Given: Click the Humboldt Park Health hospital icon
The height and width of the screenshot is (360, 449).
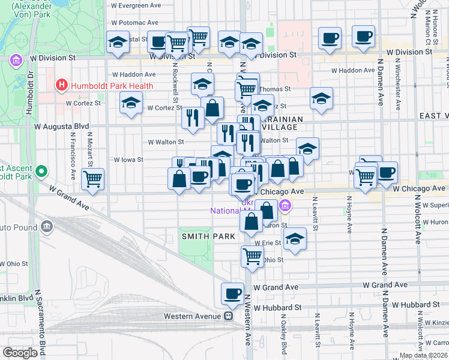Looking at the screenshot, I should coord(61,86).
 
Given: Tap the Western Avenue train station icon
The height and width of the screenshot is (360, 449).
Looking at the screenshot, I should coord(228,316).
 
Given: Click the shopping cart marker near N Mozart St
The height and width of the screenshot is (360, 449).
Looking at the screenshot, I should coord(93,178).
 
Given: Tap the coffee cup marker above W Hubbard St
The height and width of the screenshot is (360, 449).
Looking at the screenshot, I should coord(233,293).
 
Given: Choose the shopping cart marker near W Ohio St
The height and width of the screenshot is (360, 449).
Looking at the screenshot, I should coord(253,256).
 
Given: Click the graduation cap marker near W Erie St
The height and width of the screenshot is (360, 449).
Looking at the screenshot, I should coord(294,239).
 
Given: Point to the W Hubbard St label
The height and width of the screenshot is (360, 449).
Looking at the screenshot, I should coord(277,307).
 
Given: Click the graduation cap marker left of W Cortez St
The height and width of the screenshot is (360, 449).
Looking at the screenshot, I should coord(131,103).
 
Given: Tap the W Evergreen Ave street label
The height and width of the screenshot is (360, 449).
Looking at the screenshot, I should coord(136,5).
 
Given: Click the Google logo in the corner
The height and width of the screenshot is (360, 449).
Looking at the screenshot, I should coord(20,352).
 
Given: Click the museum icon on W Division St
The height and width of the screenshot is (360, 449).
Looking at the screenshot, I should coord(16,61).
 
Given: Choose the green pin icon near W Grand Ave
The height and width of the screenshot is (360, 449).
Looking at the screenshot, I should coord(41,172).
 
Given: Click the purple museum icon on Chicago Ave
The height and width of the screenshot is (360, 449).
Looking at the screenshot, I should coord(286,206).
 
